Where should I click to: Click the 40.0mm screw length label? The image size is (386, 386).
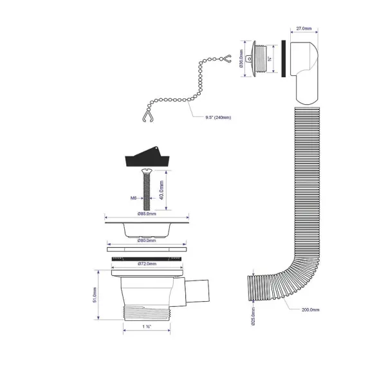pyautogui.click(x=163, y=191)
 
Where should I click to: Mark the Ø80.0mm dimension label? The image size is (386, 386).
pyautogui.click(x=147, y=240)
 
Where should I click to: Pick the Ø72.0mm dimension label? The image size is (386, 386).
pyautogui.click(x=147, y=264)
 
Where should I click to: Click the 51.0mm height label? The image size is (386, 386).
pyautogui.click(x=94, y=295)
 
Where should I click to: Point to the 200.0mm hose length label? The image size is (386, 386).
pyautogui.click(x=311, y=309)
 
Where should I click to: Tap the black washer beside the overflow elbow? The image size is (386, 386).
pyautogui.click(x=282, y=59)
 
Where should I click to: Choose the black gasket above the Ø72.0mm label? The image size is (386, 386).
pyautogui.click(x=147, y=257)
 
